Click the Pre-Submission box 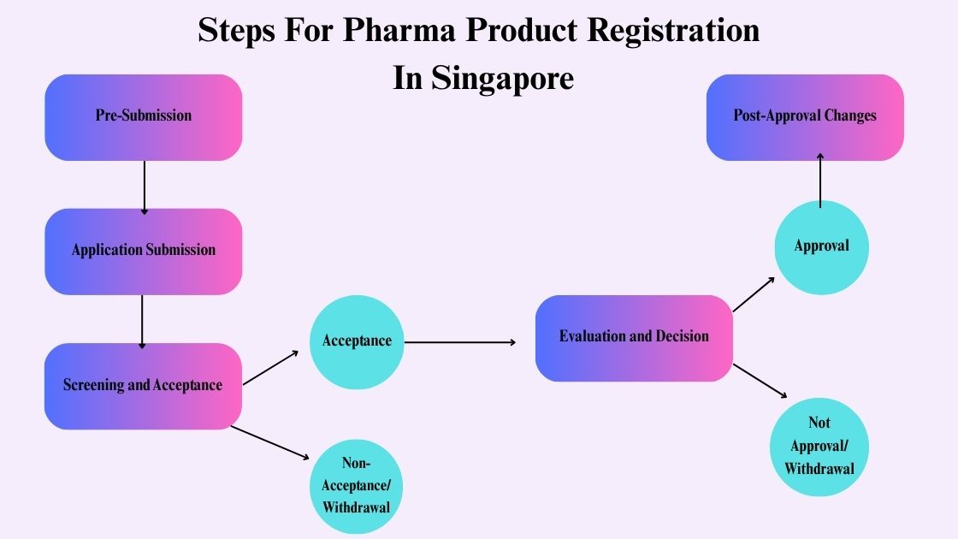click(x=144, y=116)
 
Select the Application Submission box click(x=144, y=251)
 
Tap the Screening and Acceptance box click(x=144, y=385)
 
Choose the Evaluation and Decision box click(x=634, y=337)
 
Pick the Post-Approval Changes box click(x=805, y=116)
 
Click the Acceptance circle click(x=357, y=341)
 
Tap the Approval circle click(x=821, y=246)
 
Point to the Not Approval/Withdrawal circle click(x=819, y=445)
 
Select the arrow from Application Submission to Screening click(x=143, y=321)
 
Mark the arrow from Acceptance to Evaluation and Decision click(x=460, y=342)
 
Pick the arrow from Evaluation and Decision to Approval click(x=755, y=294)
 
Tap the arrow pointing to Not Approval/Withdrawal click(x=760, y=381)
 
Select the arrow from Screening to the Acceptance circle click(x=270, y=368)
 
